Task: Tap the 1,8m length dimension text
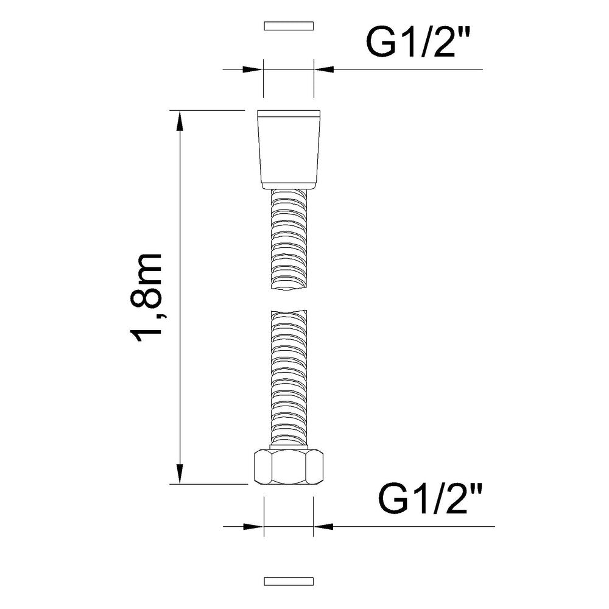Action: click(x=146, y=298)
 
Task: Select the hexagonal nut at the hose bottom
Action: click(x=288, y=467)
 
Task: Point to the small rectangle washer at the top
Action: click(x=289, y=26)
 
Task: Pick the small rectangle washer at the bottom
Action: click(x=289, y=582)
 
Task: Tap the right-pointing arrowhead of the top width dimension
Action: click(x=253, y=69)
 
